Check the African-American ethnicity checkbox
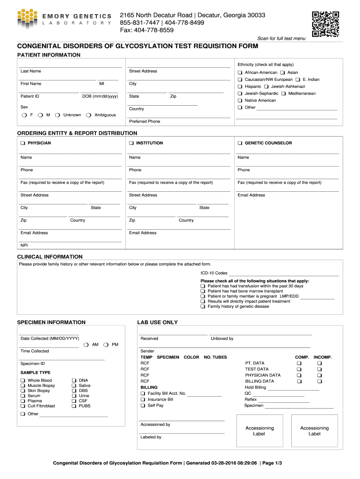tap(240, 73)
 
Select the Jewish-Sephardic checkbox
tap(240, 94)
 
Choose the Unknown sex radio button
tap(57, 115)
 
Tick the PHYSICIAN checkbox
tap(23, 143)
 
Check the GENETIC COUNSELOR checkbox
tap(240, 143)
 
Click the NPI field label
tap(24, 245)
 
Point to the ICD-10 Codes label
tap(214, 273)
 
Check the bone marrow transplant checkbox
tap(203, 291)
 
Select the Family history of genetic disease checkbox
tap(203, 307)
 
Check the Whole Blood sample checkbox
tap(22, 381)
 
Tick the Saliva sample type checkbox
tap(74, 386)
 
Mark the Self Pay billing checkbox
tap(143, 406)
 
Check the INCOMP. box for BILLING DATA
tap(320, 382)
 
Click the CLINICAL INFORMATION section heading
tap(50, 257)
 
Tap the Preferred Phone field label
tap(144, 122)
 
